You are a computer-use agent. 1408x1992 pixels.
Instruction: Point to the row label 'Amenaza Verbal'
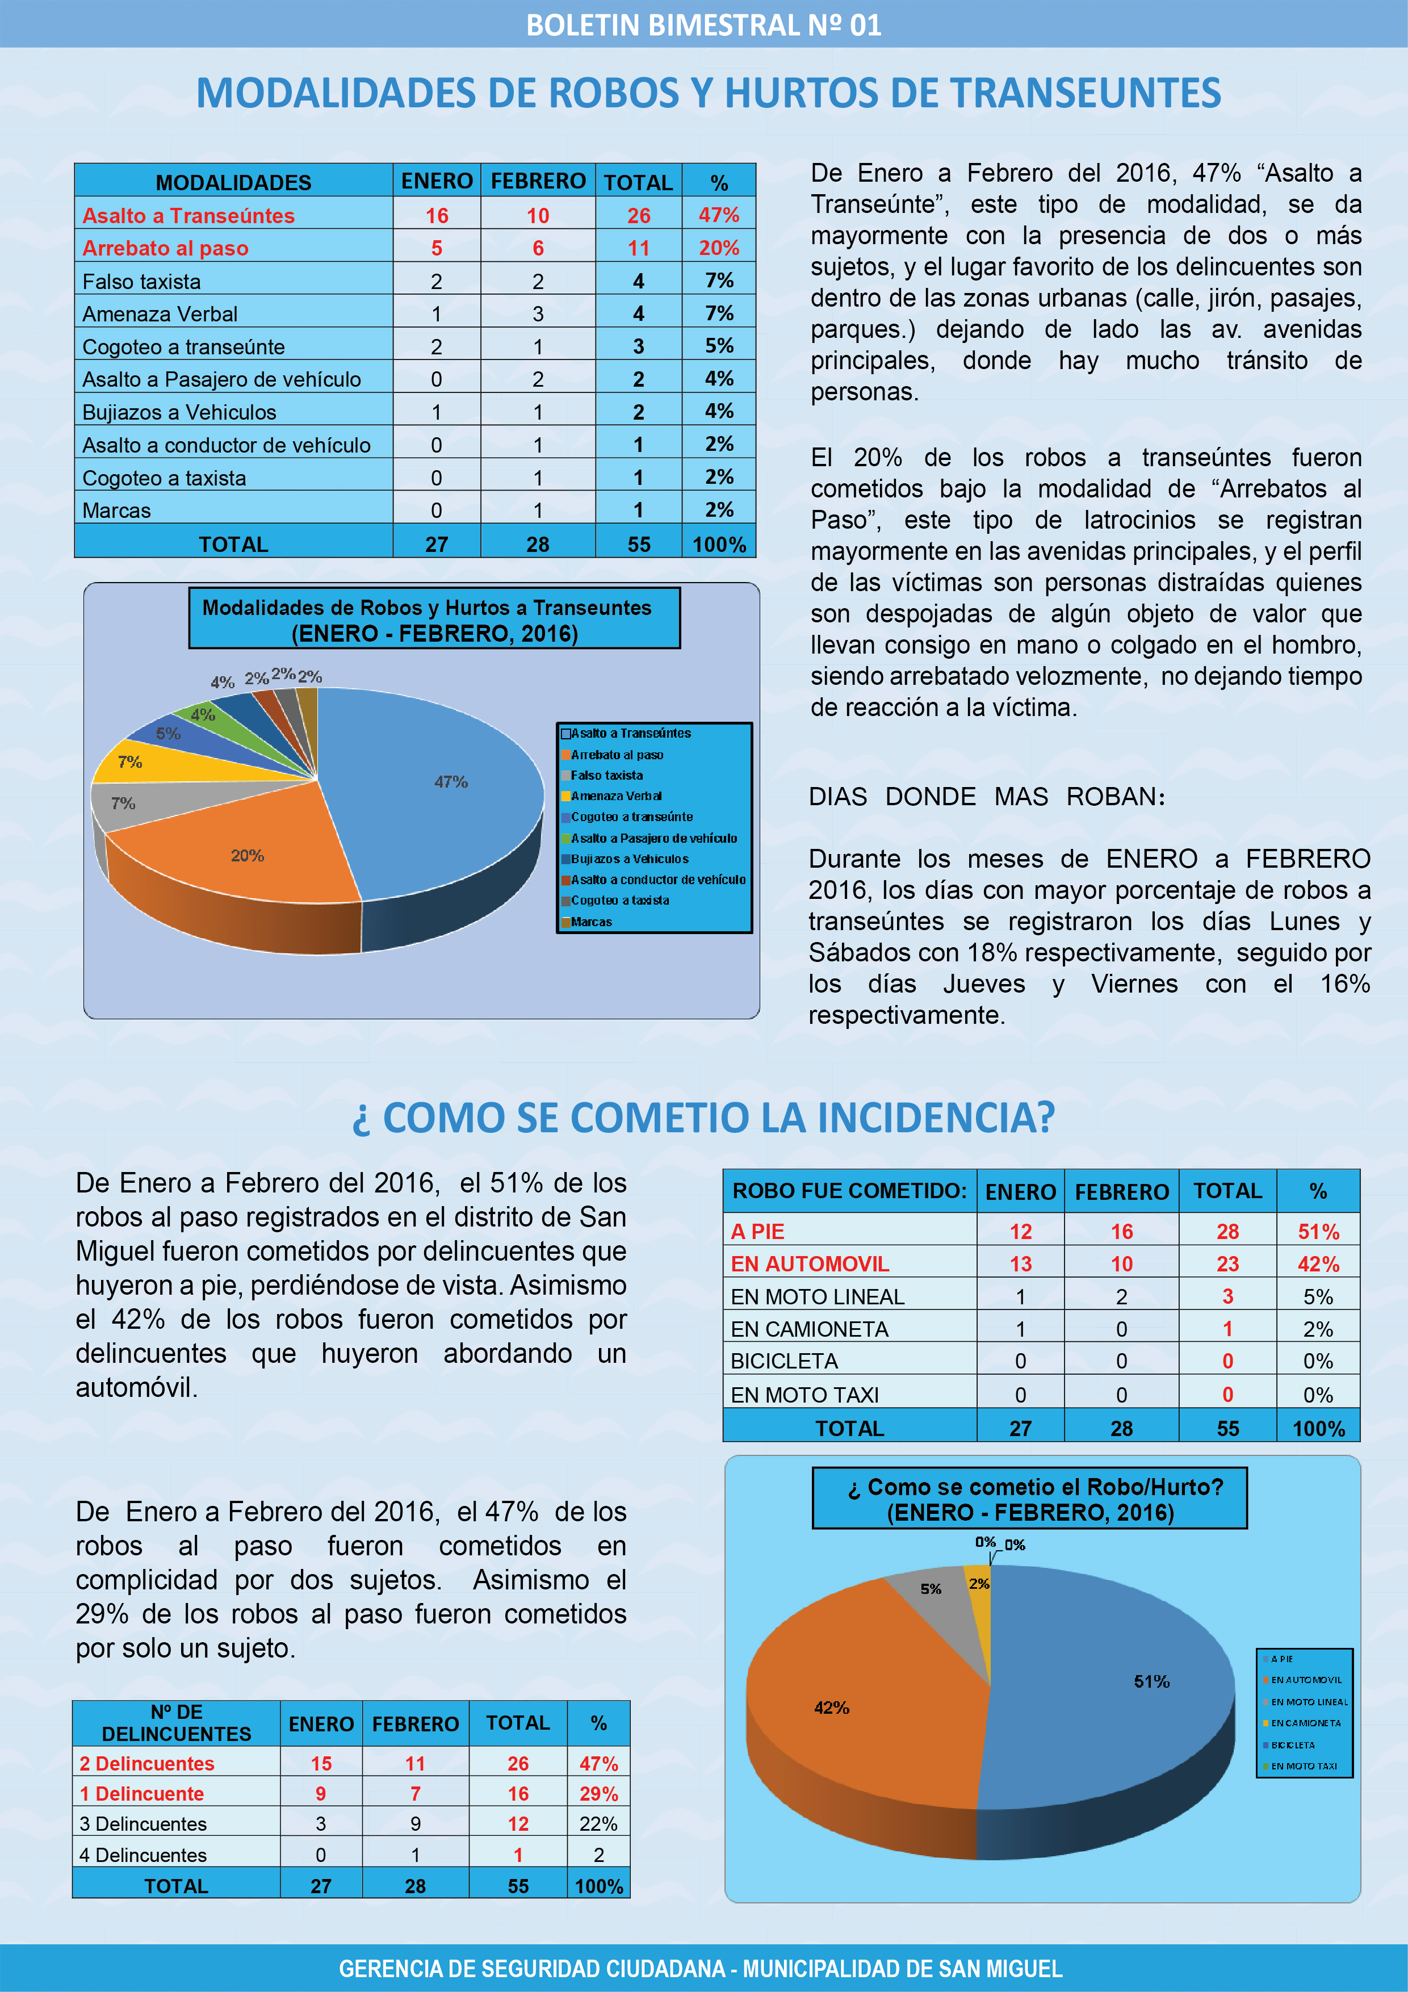click(160, 314)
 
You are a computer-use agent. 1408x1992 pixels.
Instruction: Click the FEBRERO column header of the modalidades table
click(538, 181)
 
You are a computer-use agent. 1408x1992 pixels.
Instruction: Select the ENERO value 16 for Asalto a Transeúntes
click(437, 215)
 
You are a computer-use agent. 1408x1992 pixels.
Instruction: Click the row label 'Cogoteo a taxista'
click(164, 478)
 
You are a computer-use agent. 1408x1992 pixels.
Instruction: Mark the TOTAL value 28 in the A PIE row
click(1227, 1231)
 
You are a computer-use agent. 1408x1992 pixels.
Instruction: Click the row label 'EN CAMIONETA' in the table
click(810, 1329)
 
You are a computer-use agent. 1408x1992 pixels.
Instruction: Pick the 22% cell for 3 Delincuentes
click(598, 1824)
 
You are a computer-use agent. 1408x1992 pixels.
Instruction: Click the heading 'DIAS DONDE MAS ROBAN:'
click(986, 797)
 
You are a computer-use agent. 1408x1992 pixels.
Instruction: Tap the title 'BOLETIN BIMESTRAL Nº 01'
click(703, 25)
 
